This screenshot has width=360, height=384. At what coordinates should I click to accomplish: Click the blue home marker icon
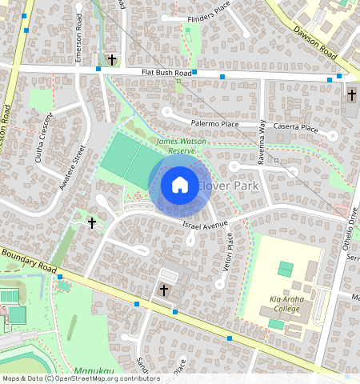tap(180, 185)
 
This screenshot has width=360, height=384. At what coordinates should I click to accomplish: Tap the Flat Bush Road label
tap(167, 73)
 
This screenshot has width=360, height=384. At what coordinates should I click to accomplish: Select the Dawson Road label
tap(314, 42)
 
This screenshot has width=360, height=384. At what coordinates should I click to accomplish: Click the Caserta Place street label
tap(296, 128)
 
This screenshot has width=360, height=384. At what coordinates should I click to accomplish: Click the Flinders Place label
tap(210, 18)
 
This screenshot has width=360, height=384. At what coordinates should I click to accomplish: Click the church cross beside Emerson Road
tap(112, 60)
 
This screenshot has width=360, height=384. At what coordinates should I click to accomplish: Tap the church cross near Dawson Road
tap(351, 94)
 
